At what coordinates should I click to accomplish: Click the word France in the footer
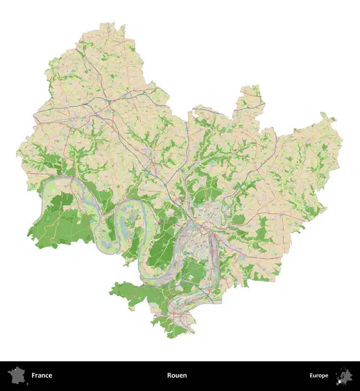(41, 375)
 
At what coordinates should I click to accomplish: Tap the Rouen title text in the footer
(176, 375)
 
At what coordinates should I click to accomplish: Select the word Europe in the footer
(319, 375)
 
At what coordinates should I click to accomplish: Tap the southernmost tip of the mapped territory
(171, 338)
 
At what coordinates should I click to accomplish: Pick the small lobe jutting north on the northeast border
(249, 95)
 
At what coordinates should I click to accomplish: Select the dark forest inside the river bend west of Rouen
(159, 251)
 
